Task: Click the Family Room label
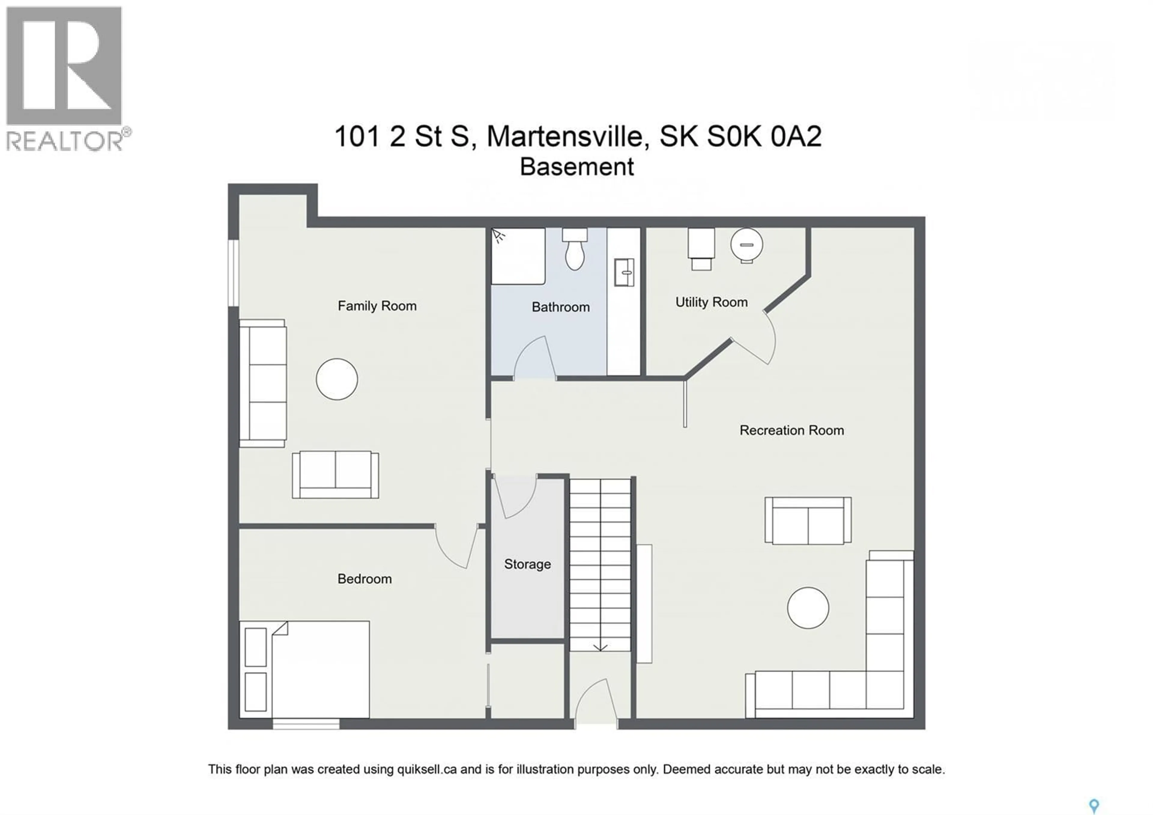coord(377,306)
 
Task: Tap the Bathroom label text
coord(560,307)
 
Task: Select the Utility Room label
coord(711,302)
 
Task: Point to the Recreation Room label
coord(791,430)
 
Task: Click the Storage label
coord(527,564)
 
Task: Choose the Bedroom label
coord(364,579)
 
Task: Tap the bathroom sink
coord(624,272)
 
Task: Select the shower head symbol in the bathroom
coord(498,236)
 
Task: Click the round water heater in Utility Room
coord(746,245)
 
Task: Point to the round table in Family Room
coord(337,379)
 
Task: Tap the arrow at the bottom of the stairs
coord(600,647)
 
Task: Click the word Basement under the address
coord(576,167)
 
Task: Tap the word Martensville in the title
coord(565,136)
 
